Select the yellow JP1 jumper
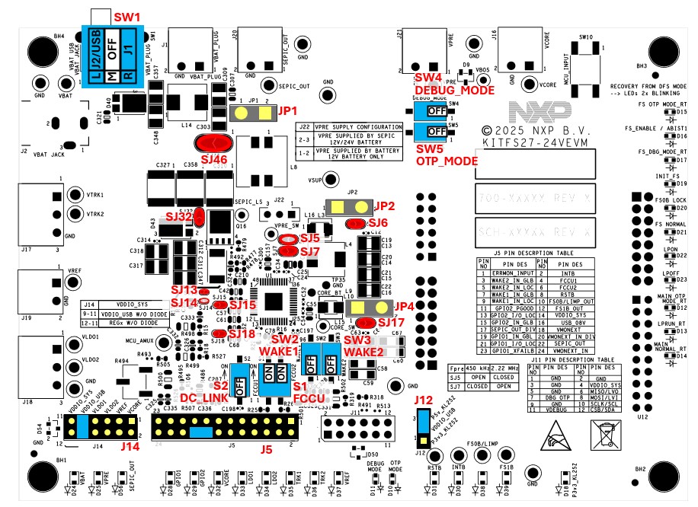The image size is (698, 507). [x=254, y=113]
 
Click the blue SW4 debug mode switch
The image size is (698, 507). [x=431, y=110]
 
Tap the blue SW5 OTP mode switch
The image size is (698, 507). [x=431, y=130]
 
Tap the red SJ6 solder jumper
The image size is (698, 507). [x=356, y=223]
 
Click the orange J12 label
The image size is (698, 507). [x=423, y=399]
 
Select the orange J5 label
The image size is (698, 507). [x=266, y=449]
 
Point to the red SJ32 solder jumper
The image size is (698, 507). [x=197, y=216]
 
